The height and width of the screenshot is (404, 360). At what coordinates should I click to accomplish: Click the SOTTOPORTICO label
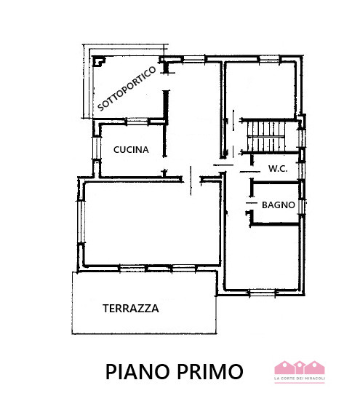tap(127, 88)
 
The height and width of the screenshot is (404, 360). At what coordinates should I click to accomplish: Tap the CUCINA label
tap(131, 150)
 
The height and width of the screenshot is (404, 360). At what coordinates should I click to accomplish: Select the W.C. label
tap(279, 169)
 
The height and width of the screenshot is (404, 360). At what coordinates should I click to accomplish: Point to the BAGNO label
tap(279, 205)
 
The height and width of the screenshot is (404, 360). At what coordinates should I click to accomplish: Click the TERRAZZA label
tap(131, 308)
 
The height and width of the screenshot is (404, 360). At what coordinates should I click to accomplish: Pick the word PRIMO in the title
tap(209, 371)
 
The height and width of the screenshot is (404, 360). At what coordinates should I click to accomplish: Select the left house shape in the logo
tap(282, 367)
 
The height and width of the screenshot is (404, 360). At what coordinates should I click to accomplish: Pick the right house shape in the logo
tap(313, 367)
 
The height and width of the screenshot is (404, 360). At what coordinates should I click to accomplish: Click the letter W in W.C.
tap(272, 169)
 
